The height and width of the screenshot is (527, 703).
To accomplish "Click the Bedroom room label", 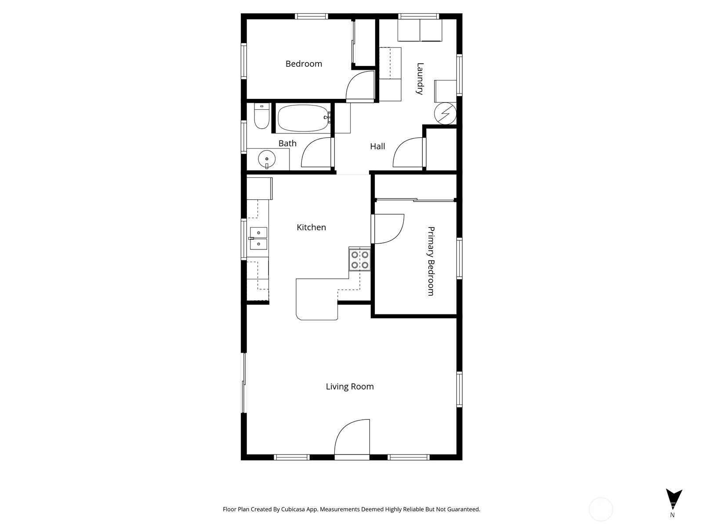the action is coord(304,64).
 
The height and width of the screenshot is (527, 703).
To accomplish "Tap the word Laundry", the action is coord(420,79).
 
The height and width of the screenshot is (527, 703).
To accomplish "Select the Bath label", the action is coord(287,143).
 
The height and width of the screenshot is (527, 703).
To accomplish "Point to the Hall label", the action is coord(377,147).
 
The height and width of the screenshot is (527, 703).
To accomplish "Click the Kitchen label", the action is coord(311,227).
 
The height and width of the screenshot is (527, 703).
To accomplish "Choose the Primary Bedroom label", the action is coord(431,261).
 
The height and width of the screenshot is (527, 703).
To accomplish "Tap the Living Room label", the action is coord(350,386).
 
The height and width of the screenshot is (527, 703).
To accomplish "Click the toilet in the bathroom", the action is coord(262,116).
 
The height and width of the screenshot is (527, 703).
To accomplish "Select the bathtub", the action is coord(304,118).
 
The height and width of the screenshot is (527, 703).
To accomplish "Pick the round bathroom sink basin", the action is coord(266,159).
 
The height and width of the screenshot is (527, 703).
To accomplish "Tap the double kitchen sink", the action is coord(258,238).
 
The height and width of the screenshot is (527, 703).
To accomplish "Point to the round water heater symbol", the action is coord(445,113).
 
